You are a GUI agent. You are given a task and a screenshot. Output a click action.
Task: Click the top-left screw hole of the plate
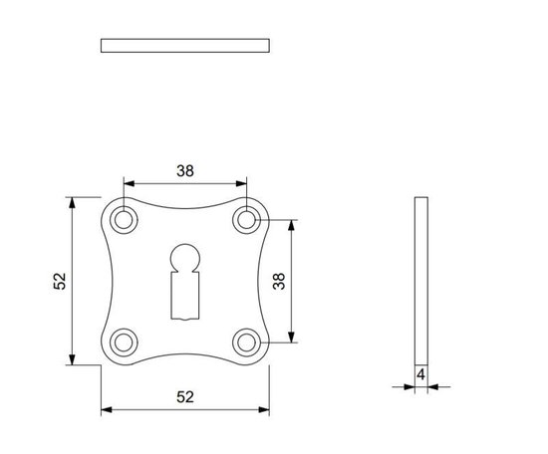124,219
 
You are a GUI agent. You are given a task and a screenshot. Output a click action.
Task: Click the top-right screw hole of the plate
246,219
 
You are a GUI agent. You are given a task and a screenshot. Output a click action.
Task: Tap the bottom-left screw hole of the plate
124,341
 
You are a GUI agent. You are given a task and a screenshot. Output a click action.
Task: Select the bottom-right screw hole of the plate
246,341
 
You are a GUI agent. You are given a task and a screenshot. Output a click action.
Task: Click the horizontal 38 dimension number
185,170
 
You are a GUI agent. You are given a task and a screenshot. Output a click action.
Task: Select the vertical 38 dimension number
279,281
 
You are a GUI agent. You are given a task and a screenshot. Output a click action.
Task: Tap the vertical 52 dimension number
60,282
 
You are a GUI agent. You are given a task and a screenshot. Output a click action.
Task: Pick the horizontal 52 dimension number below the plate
185,396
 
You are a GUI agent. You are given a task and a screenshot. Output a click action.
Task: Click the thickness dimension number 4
421,375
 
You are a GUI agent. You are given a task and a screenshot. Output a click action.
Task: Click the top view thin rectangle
185,45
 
